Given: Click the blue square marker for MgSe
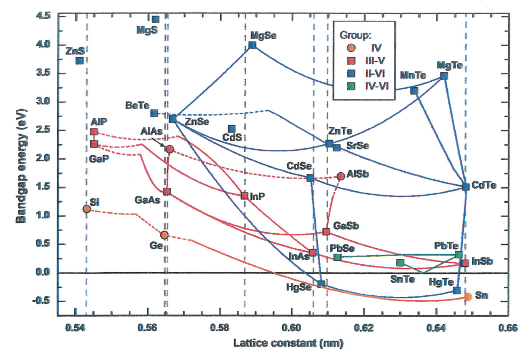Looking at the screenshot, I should [x=252, y=45].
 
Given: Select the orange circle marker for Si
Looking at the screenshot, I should [x=87, y=209].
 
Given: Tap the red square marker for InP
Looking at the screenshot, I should [x=244, y=196].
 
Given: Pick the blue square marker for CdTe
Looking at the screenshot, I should [x=465, y=187].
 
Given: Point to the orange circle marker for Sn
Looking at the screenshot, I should [x=468, y=296].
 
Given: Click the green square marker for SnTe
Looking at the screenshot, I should [x=400, y=263].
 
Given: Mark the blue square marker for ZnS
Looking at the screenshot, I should [x=80, y=60].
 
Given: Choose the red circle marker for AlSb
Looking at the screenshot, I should [x=341, y=176].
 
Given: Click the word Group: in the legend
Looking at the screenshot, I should [x=356, y=35].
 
